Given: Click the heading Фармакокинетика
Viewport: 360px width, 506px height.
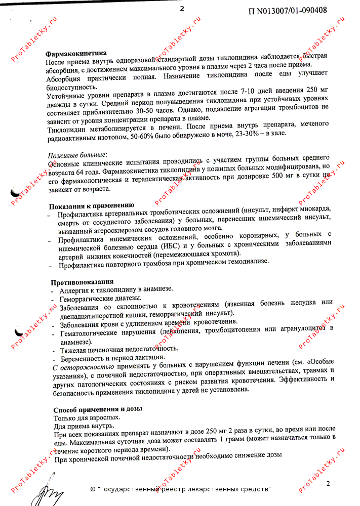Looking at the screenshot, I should coord(76,53).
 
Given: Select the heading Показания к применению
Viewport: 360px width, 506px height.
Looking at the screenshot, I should coord(91,206).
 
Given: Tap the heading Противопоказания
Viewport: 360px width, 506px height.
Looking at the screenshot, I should coord(82,281).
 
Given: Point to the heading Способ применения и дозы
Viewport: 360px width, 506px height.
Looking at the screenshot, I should coord(98,409).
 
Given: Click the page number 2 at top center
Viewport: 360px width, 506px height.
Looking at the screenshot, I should coord(182,8).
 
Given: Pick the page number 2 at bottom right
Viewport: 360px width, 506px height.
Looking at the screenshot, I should coord(328,483).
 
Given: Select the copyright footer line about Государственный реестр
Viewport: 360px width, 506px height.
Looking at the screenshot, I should coord(180,489).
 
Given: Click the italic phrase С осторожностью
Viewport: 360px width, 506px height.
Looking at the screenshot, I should coord(84,366).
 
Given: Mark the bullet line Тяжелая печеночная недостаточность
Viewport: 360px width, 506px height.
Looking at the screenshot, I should coord(118,349).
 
